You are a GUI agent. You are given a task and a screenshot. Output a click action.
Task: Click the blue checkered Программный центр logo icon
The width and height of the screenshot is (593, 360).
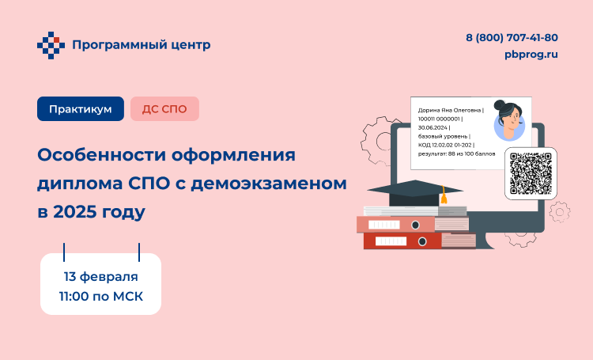51,45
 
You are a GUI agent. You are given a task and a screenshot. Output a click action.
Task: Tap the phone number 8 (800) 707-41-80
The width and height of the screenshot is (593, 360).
512,38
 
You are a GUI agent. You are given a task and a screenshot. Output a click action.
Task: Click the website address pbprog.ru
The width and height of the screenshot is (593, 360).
531,55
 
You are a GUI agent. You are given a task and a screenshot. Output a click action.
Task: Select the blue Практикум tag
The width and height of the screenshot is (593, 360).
81,109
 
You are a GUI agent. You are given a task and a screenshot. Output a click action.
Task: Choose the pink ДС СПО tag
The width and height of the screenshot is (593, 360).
164,109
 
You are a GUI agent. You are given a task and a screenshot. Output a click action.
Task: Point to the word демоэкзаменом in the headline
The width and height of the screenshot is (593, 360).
269,184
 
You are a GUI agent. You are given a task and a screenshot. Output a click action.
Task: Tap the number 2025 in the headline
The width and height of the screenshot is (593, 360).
75,211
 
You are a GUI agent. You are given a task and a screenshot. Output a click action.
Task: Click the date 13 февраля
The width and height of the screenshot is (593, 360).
100,277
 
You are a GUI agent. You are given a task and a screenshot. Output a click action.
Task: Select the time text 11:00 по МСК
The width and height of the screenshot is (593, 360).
101,296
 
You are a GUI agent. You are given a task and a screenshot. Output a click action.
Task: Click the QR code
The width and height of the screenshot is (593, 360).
531,173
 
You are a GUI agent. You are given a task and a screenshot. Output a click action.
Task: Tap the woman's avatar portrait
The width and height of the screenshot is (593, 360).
509,120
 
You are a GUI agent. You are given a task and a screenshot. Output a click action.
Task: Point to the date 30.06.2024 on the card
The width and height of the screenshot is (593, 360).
432,127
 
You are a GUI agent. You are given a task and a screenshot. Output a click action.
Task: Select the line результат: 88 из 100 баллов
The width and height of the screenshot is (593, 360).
456,153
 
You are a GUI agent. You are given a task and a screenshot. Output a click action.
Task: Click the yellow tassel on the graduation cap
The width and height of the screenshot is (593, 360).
444,195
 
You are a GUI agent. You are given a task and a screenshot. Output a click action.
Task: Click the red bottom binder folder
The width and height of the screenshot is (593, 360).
402,241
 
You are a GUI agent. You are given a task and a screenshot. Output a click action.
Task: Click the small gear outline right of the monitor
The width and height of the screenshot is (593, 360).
560,212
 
